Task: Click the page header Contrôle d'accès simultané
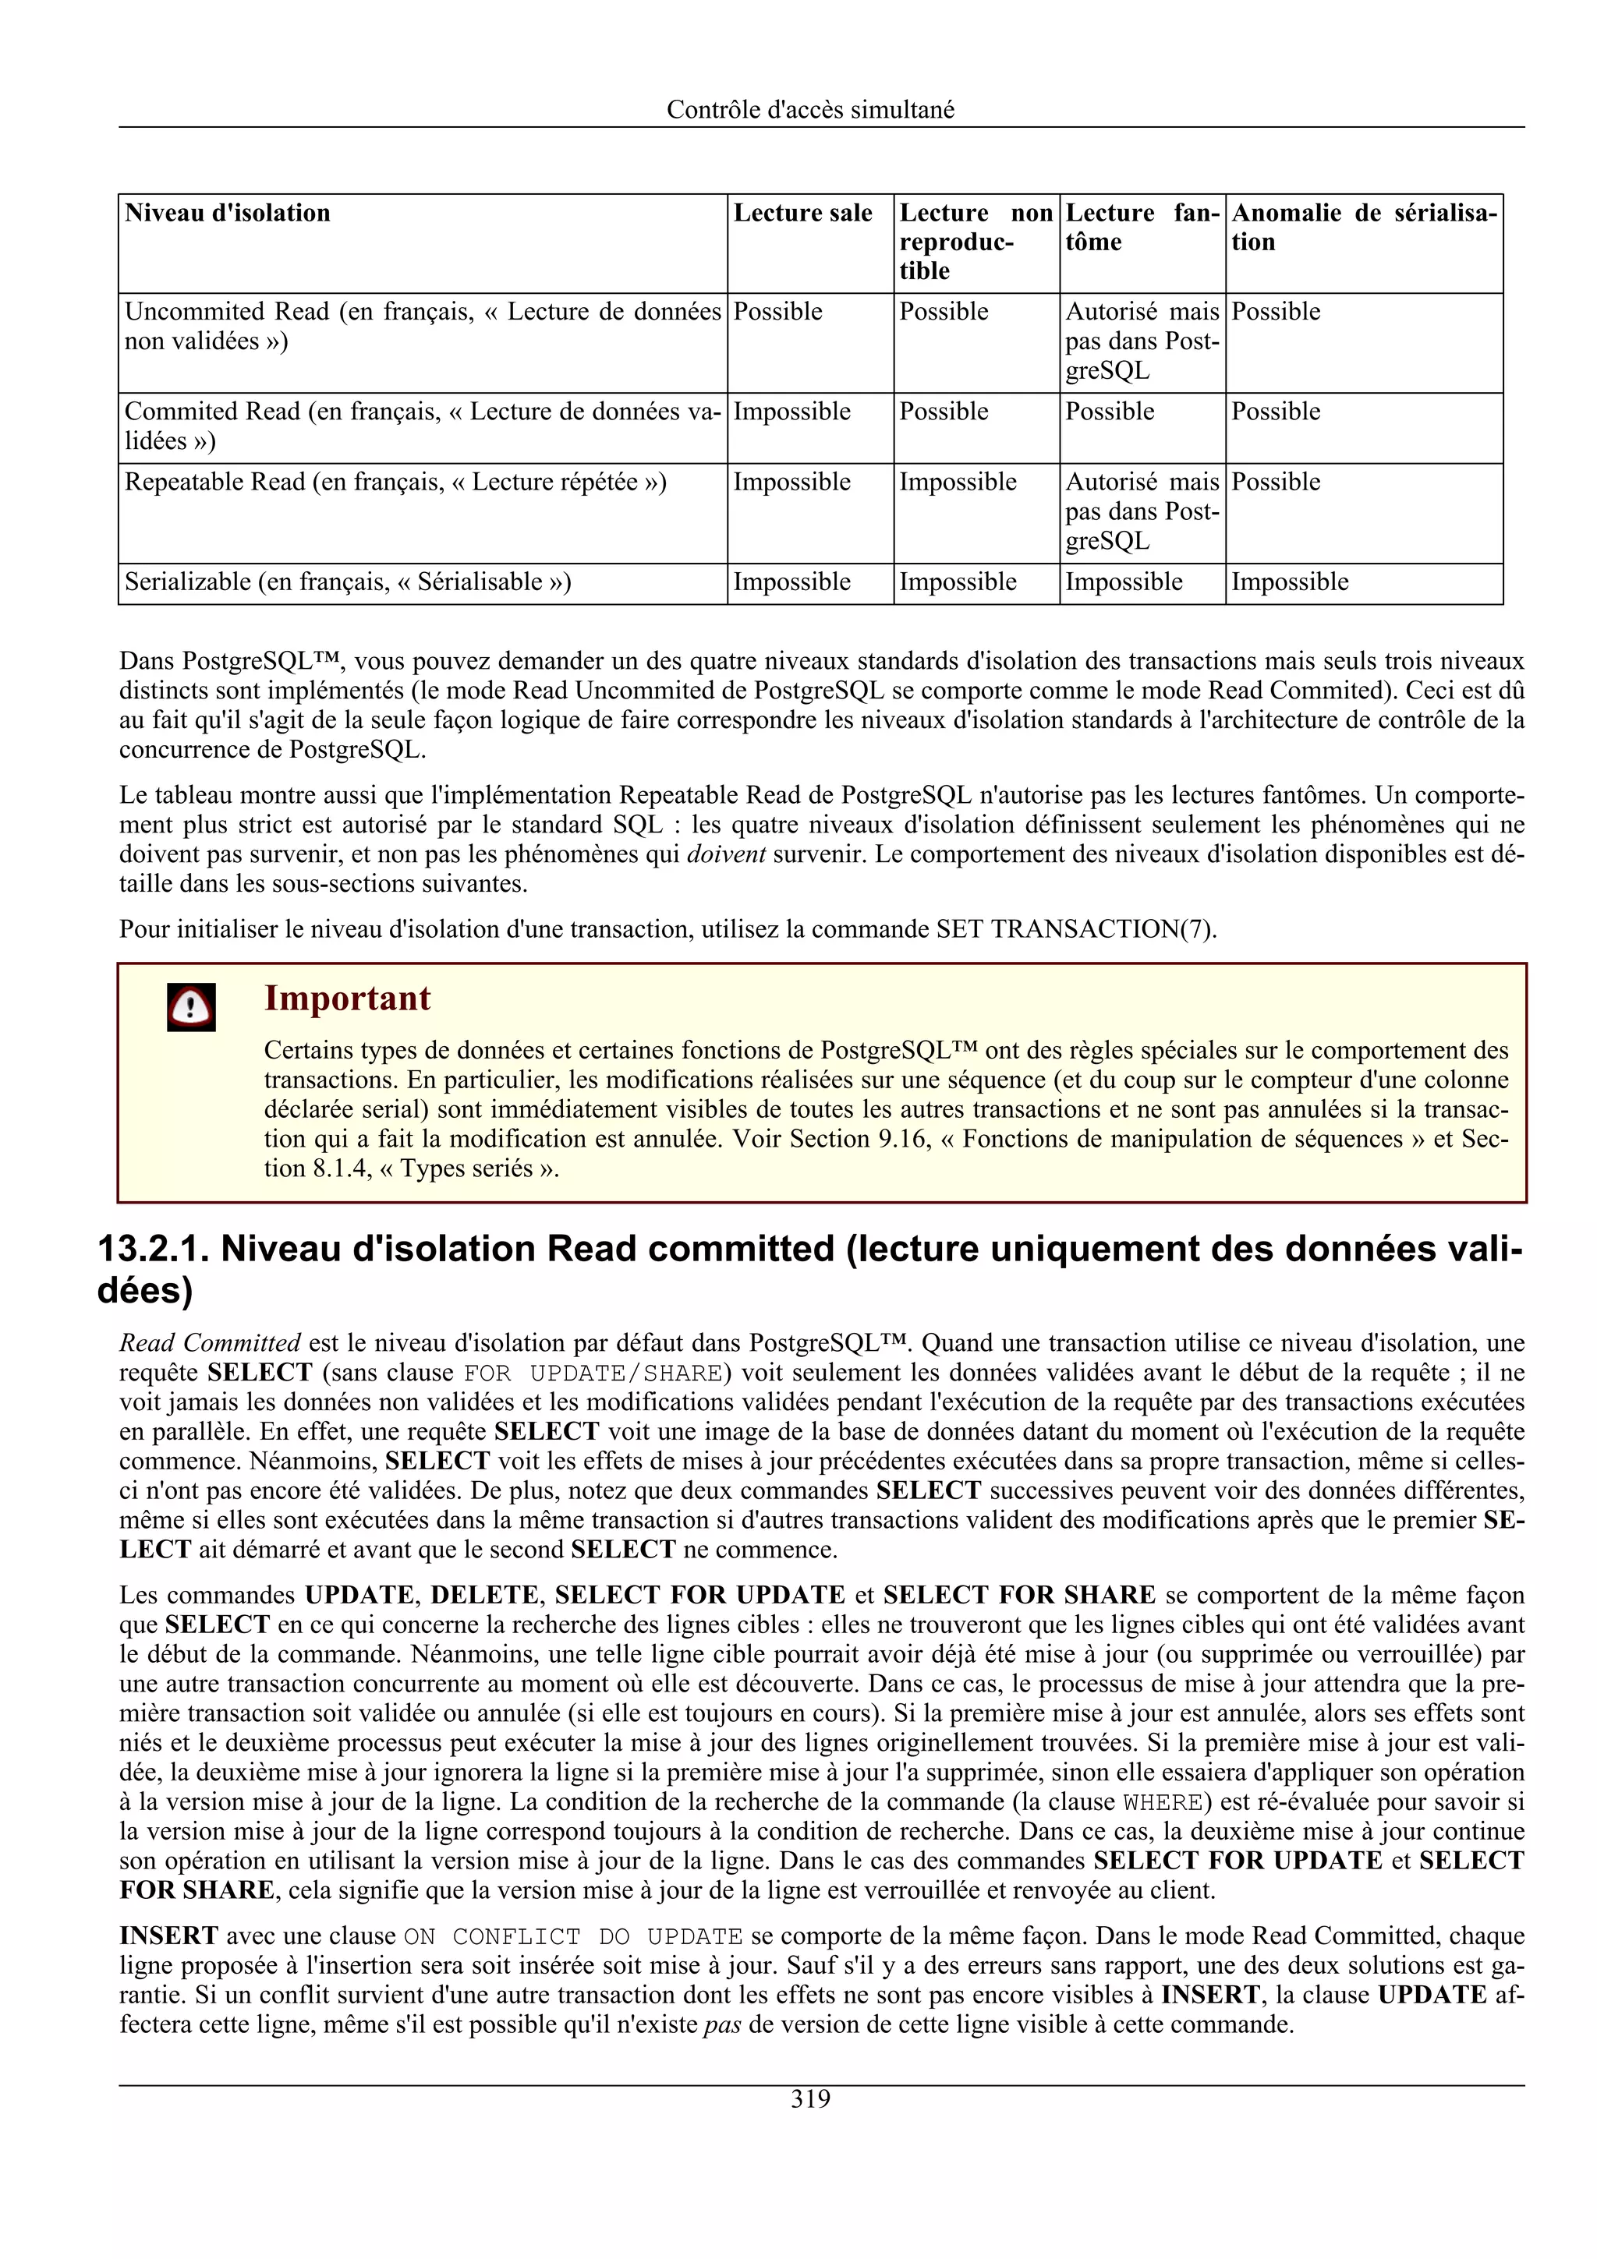[810, 109]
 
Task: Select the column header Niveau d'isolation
[227, 214]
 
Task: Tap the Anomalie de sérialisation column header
[1363, 228]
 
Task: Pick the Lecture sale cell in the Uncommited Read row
[777, 312]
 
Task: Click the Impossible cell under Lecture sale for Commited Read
[791, 412]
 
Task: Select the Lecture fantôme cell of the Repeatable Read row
[1142, 511]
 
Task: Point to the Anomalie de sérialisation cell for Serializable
[1289, 582]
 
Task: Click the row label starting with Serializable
[347, 582]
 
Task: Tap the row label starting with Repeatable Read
[395, 482]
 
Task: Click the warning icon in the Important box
[191, 1006]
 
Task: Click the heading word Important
[346, 999]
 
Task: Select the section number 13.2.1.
[153, 1249]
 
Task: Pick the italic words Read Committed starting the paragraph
[210, 1343]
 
